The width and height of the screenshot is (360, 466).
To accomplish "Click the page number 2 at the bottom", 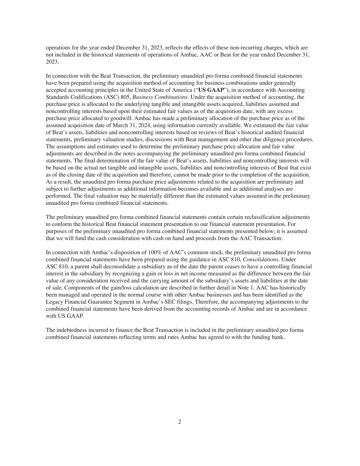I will (179, 422).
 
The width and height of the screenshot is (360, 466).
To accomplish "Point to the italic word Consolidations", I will (260, 259).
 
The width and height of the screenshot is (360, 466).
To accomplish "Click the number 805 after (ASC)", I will (126, 97).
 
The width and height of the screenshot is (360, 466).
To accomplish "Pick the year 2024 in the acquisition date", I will (145, 125).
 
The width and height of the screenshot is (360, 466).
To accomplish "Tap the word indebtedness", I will (72, 330).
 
